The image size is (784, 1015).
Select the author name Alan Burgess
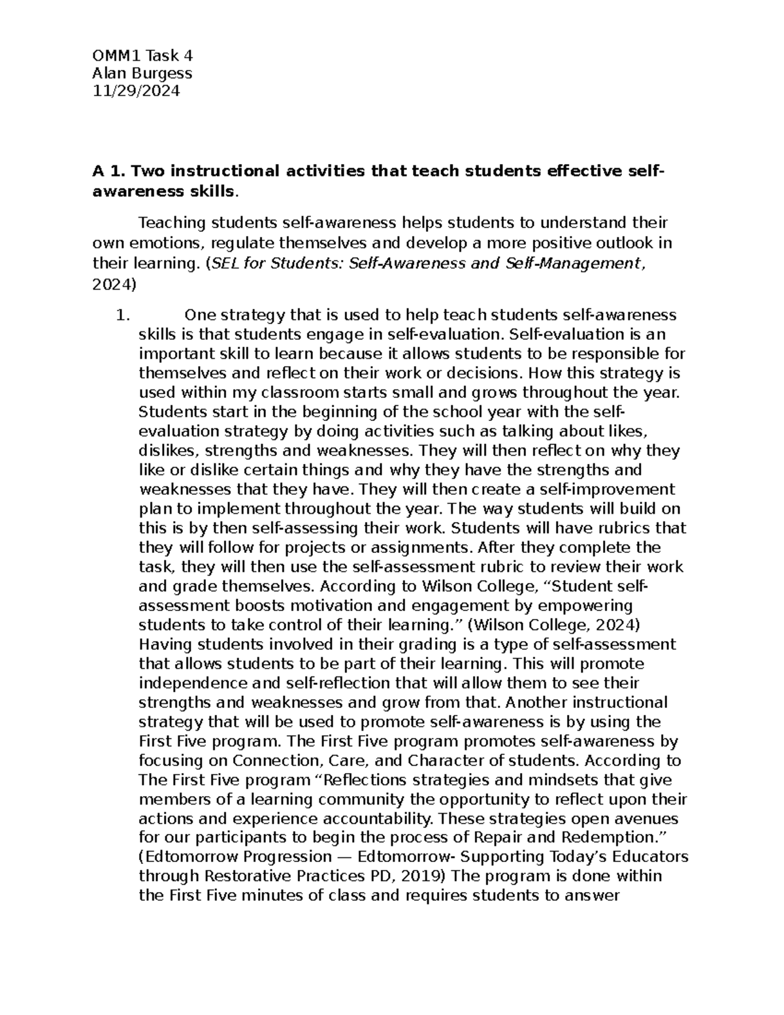(x=141, y=73)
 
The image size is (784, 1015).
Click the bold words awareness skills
(x=163, y=191)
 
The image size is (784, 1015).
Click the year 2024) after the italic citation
(x=114, y=284)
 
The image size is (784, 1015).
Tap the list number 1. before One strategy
(x=122, y=316)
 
